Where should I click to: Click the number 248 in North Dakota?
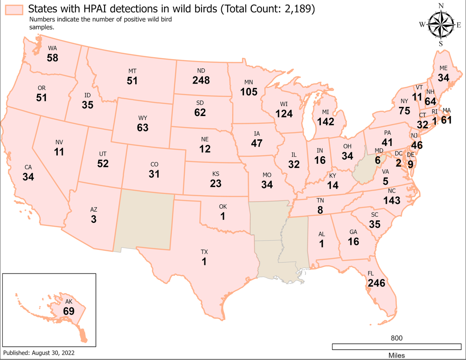tap(201, 80)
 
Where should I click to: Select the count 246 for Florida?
tap(376, 283)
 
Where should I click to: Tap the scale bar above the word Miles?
tap(396, 347)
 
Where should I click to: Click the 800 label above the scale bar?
tap(396, 338)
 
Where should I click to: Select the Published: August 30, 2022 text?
tap(39, 353)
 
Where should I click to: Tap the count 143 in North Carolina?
tap(391, 201)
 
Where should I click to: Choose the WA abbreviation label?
tap(52, 48)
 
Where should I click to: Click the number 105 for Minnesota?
tap(249, 91)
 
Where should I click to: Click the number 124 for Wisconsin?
tap(284, 113)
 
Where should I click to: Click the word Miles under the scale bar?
tap(396, 355)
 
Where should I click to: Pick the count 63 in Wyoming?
tap(142, 127)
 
